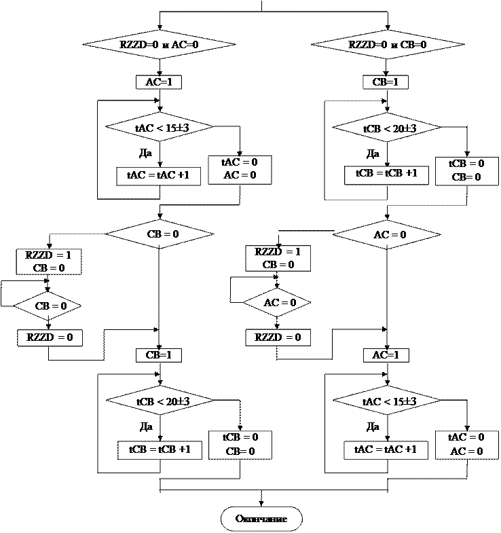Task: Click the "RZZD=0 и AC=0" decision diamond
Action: tap(159, 45)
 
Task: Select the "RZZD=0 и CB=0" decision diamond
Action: tap(387, 45)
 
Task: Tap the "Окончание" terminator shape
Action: tap(261, 519)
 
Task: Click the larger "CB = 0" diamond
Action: tap(160, 234)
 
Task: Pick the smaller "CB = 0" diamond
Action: tap(48, 306)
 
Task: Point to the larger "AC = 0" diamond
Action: tap(387, 235)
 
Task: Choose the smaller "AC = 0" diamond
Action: tap(277, 303)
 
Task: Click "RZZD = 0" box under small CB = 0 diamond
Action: tap(50, 337)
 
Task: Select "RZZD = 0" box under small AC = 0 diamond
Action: tap(277, 337)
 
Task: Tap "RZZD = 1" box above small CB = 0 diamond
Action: tap(50, 261)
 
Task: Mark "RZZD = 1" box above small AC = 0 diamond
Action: tap(277, 258)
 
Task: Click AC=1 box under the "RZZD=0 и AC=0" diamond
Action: tap(159, 82)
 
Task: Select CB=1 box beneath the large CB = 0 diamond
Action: tap(160, 355)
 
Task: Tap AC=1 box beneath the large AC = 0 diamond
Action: tap(386, 355)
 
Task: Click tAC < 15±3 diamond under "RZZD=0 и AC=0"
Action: tap(160, 127)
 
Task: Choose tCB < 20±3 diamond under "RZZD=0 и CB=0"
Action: tap(387, 128)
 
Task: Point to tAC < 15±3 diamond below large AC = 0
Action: tap(387, 402)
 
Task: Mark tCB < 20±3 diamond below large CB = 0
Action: tap(160, 402)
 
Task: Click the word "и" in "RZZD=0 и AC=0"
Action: tap(165, 45)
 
